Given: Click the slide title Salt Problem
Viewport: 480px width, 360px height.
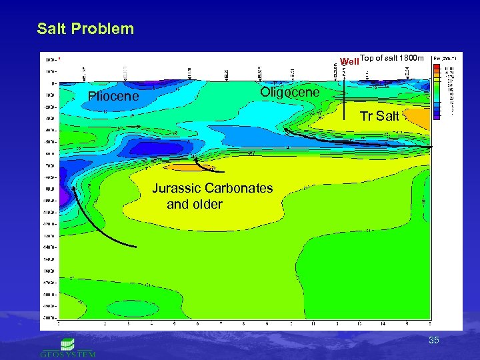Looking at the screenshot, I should tap(85, 29).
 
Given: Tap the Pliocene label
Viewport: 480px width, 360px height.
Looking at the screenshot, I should tap(113, 97).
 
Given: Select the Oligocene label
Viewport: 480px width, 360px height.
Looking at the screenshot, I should tap(290, 92).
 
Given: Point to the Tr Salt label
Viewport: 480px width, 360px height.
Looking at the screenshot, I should tap(379, 117).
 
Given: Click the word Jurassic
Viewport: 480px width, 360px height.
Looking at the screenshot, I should tap(176, 188).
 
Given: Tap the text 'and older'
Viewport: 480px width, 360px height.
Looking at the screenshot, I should tap(194, 204).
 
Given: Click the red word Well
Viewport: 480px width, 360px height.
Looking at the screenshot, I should tap(349, 61).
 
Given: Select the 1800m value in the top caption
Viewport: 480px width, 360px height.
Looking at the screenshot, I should tap(411, 58).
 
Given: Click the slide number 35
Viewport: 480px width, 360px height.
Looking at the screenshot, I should tap(434, 341).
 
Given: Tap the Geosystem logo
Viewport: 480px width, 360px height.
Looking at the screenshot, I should tap(67, 347).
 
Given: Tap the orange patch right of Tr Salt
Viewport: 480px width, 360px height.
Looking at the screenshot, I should tap(418, 118).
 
